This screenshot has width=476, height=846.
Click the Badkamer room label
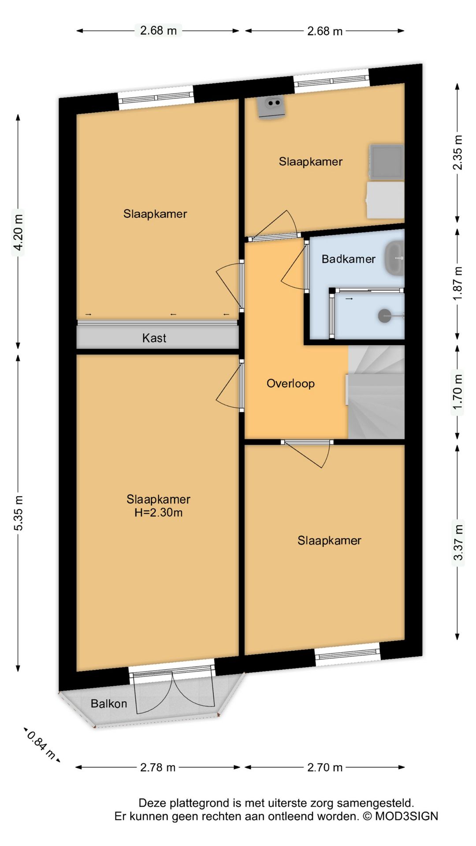(348, 259)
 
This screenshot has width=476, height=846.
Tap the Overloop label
(290, 383)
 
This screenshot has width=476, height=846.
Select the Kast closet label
(154, 338)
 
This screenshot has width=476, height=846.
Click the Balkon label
(108, 703)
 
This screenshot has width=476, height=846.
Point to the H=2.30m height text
(158, 512)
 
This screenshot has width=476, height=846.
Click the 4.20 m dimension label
(18, 232)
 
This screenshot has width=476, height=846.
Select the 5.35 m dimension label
(18, 512)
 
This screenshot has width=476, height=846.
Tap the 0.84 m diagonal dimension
(41, 745)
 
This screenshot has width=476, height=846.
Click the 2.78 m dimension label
(158, 767)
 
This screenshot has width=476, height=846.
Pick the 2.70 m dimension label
(325, 767)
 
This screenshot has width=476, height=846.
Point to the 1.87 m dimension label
(458, 283)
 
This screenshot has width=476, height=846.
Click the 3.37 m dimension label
(458, 542)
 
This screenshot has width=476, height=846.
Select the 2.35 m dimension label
(458, 152)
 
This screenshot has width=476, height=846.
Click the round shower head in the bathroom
(384, 315)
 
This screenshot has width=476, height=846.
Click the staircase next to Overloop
(376, 392)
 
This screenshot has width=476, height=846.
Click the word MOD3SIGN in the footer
(406, 816)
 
